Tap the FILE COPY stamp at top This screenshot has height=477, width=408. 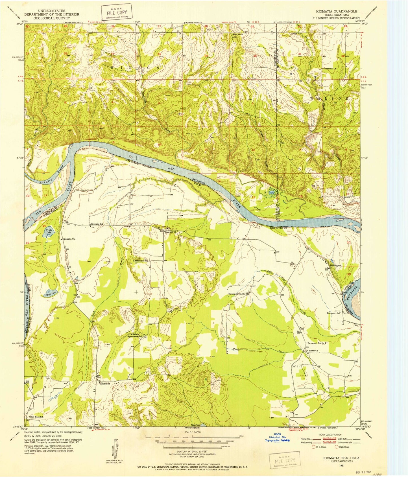117,12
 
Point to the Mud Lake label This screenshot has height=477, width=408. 51,296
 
